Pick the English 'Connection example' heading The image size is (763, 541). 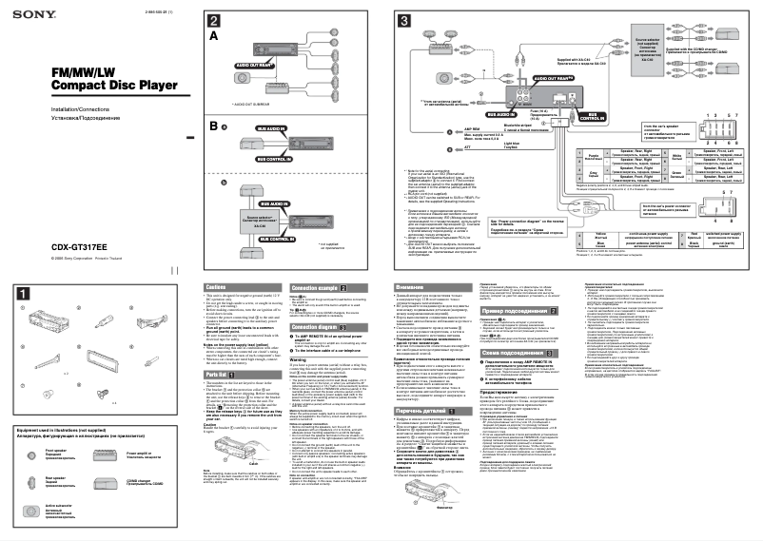[x=319, y=287]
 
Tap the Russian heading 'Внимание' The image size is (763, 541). [x=410, y=287]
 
